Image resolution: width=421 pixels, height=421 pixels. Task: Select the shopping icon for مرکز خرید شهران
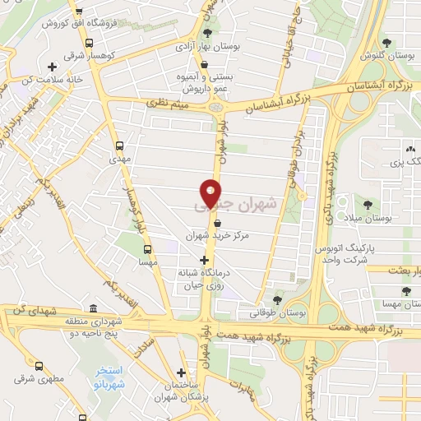pyautogui.click(x=217, y=222)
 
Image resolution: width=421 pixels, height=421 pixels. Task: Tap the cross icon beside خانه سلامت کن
pyautogui.click(x=52, y=66)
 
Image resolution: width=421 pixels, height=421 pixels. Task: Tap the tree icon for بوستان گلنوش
pyautogui.click(x=386, y=43)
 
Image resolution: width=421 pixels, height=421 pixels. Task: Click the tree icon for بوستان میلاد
pyautogui.click(x=368, y=205)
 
